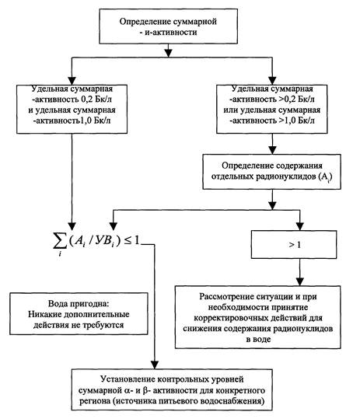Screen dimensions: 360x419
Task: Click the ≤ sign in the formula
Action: [128, 241]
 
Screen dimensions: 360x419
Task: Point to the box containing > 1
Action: [294, 245]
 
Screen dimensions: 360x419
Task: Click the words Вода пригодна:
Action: [79, 303]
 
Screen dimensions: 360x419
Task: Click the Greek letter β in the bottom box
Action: [145, 390]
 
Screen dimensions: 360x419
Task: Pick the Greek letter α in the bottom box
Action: [128, 391]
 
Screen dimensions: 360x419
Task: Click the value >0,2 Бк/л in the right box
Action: [296, 100]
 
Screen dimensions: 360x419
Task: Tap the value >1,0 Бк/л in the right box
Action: [296, 120]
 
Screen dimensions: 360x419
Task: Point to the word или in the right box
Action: [231, 110]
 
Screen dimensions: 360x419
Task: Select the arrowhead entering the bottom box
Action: [155, 365]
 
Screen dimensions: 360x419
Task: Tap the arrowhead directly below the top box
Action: [168, 53]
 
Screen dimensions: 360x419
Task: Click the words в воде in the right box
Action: [258, 340]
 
